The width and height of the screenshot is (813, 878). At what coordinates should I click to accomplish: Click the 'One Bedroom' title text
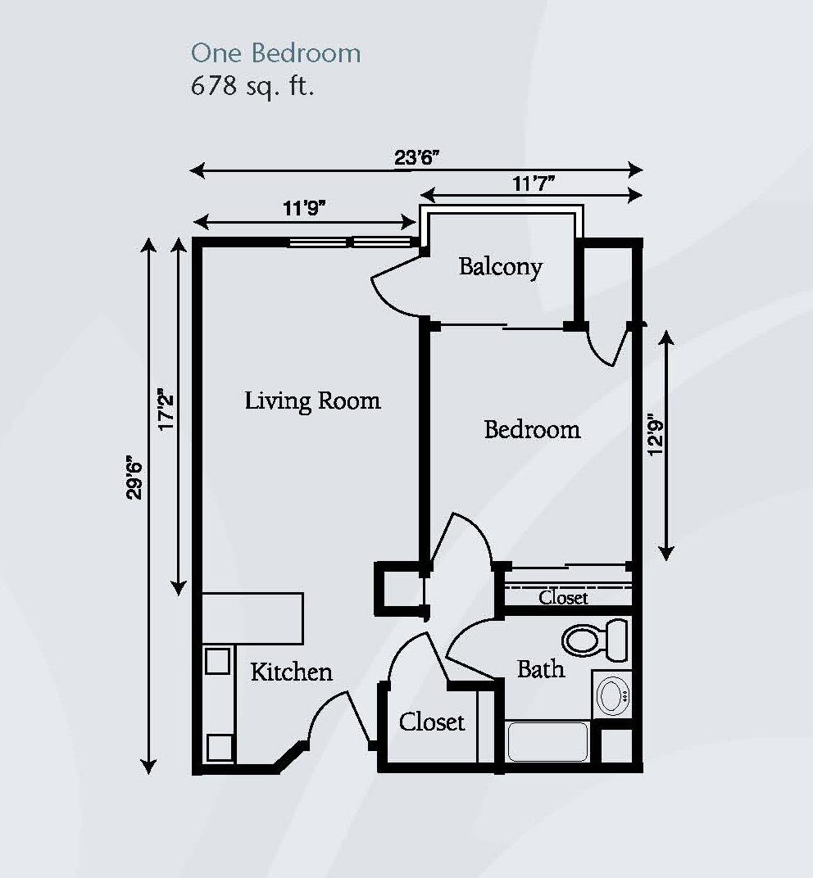pyautogui.click(x=275, y=53)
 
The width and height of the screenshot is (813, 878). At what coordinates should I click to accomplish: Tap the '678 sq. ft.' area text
pyautogui.click(x=252, y=86)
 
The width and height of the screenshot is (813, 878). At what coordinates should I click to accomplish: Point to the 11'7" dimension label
pyautogui.click(x=534, y=183)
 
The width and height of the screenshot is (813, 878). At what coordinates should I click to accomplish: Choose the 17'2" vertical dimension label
pyautogui.click(x=166, y=409)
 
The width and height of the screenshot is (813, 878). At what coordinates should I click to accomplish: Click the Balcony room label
pyautogui.click(x=500, y=267)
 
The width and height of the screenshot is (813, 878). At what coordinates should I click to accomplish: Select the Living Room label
pyautogui.click(x=312, y=401)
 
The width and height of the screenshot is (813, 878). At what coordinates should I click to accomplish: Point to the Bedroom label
pyautogui.click(x=532, y=429)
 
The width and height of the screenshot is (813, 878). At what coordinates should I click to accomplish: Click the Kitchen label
pyautogui.click(x=291, y=672)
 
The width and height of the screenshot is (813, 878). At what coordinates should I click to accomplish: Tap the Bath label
pyautogui.click(x=541, y=669)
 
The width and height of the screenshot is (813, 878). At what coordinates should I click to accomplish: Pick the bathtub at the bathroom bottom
pyautogui.click(x=547, y=741)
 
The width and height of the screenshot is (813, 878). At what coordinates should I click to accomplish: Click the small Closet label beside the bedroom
pyautogui.click(x=563, y=598)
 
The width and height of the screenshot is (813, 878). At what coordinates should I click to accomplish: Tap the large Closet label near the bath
pyautogui.click(x=432, y=722)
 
